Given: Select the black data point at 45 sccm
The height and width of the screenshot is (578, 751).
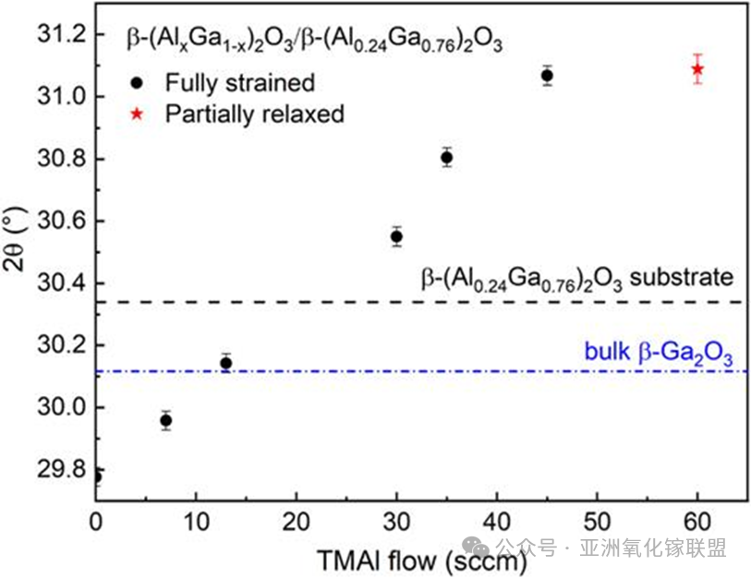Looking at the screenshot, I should (x=547, y=75).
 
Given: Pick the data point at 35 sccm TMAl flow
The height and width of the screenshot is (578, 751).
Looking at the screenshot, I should (x=446, y=157).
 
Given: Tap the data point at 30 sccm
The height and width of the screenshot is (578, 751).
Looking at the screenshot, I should (x=396, y=236).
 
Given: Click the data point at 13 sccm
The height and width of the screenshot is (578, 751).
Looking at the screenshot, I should (x=225, y=363).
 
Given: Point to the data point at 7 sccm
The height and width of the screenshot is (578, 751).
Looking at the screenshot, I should (x=165, y=420).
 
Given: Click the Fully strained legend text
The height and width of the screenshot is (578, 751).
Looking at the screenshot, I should (x=240, y=82).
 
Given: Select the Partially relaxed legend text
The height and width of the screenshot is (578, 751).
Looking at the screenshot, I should (x=254, y=114).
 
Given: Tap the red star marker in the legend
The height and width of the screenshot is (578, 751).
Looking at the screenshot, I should (x=136, y=114).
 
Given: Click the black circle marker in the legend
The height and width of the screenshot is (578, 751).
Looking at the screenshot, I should (x=136, y=82).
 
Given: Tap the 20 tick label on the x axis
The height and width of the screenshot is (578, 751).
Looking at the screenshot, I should (x=296, y=521).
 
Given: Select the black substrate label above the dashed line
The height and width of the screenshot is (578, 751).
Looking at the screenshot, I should (x=576, y=278).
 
